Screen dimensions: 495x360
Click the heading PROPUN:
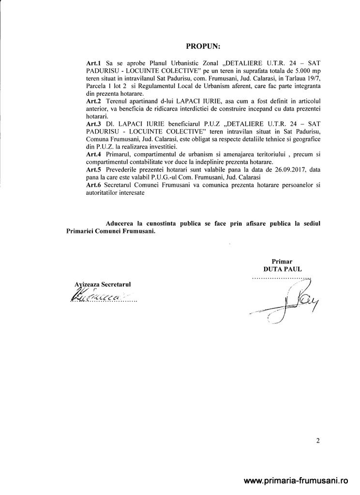click(x=203, y=47)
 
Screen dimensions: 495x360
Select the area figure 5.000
click(x=298, y=71)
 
